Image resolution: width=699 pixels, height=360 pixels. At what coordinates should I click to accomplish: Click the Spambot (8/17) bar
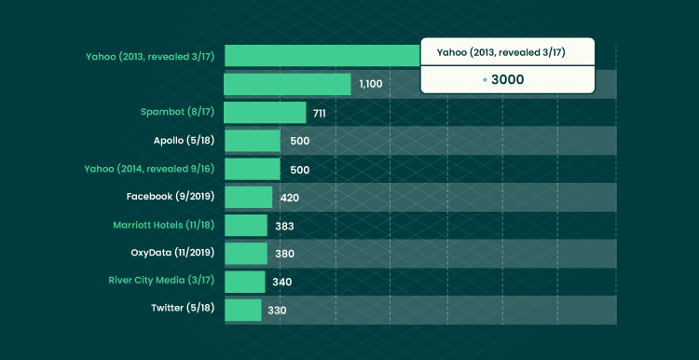(265, 113)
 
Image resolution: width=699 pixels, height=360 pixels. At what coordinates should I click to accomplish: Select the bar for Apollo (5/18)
(253, 141)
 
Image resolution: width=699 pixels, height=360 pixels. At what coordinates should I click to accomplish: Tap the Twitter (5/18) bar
(243, 310)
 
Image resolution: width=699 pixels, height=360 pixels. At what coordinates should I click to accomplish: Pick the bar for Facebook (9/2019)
(248, 197)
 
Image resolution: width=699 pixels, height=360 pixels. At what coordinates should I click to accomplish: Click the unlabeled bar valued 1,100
(287, 84)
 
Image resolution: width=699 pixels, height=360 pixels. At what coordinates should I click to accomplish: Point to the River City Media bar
(245, 282)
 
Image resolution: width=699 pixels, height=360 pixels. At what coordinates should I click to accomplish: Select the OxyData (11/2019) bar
(246, 254)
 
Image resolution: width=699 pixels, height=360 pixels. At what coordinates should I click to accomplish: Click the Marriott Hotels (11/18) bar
(246, 226)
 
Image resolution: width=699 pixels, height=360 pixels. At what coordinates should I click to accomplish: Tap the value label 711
(319, 114)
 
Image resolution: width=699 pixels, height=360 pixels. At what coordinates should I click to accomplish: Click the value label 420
(289, 198)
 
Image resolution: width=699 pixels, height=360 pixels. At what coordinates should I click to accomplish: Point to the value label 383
(284, 227)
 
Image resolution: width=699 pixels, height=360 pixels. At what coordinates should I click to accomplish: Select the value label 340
(282, 283)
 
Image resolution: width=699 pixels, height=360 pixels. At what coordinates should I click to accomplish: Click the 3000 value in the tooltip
(507, 80)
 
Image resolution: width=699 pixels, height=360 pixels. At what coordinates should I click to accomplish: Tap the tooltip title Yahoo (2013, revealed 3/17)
(501, 52)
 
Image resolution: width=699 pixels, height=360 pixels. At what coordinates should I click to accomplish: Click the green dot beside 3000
(485, 80)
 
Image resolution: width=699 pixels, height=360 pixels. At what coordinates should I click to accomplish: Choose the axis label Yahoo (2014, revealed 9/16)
(149, 169)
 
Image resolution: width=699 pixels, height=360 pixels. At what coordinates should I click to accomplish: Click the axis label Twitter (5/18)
(183, 308)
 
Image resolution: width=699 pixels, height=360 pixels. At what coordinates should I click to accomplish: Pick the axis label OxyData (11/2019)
(172, 253)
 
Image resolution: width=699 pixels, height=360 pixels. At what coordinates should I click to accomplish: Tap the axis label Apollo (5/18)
(185, 141)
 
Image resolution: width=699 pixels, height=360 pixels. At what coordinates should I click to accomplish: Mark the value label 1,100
(371, 84)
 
